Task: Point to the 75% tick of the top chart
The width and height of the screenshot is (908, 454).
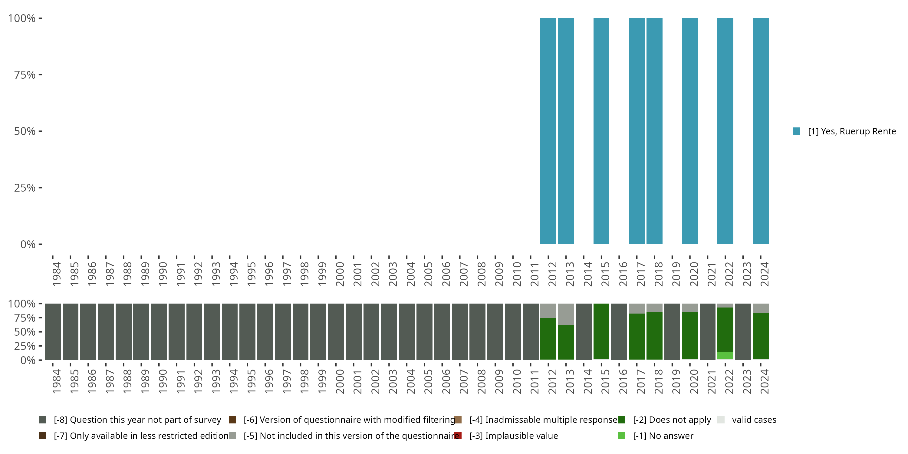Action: tap(40, 75)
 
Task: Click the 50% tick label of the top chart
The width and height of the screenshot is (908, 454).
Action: tap(25, 131)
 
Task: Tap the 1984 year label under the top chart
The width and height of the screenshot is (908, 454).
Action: tap(56, 274)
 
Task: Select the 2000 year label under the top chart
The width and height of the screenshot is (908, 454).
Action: tap(340, 274)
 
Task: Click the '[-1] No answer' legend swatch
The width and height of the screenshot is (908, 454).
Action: tap(622, 436)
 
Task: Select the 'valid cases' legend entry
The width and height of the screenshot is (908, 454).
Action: tap(754, 420)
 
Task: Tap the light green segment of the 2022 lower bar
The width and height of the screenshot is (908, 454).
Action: tap(725, 356)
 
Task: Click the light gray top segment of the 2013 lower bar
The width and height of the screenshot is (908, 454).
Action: tap(566, 314)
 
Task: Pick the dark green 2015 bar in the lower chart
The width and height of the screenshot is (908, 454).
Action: tap(601, 331)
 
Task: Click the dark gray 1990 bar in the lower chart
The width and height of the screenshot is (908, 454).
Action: tap(159, 332)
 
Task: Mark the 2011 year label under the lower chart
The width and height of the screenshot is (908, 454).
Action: tap(535, 382)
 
